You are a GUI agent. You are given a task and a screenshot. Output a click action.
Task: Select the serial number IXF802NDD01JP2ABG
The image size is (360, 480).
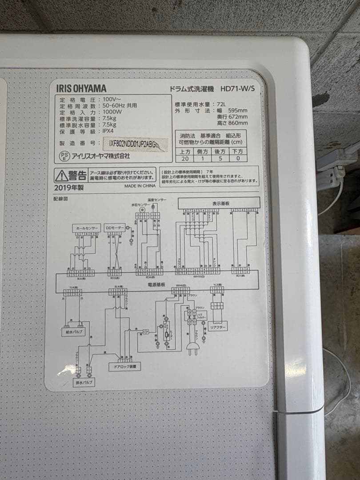coord(134,143)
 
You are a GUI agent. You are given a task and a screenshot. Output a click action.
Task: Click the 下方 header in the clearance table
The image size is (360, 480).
coord(238,151)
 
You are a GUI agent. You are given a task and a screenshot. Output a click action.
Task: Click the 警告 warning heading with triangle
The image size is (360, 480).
coord(71,174)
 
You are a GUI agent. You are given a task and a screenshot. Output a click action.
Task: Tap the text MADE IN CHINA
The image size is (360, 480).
coord(140,186)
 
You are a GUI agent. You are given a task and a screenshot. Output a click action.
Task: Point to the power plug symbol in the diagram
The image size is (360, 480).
coord(192,350)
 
